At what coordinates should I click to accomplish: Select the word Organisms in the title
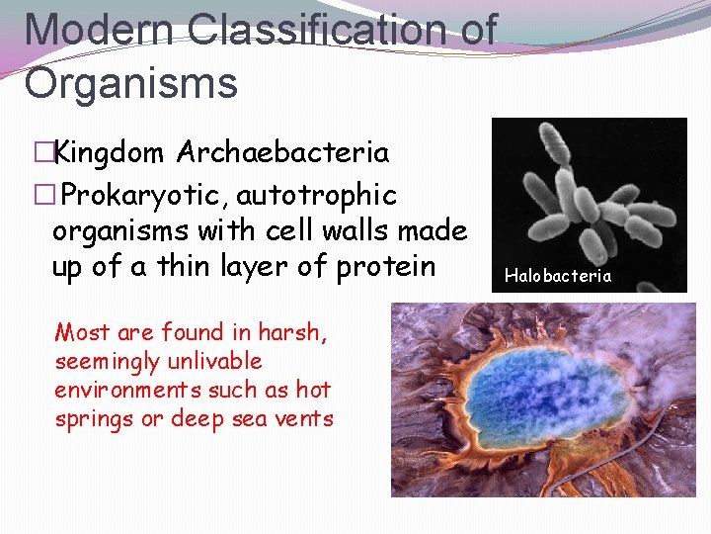click(x=130, y=83)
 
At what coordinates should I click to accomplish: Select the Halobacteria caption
click(x=558, y=276)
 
